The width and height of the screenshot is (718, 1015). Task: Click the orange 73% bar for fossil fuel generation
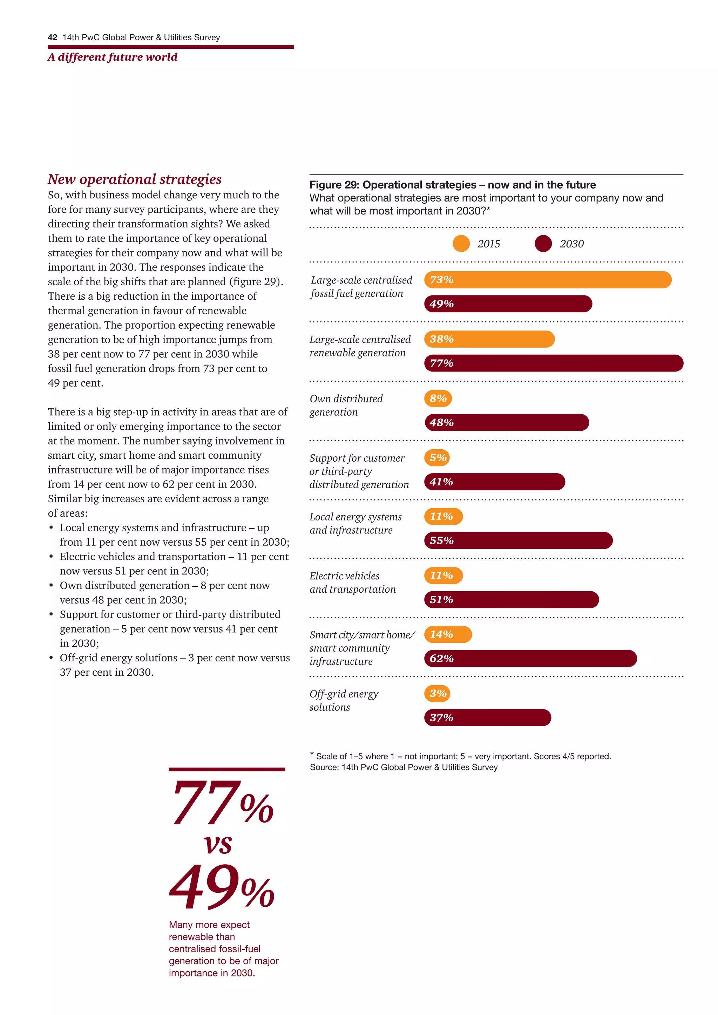click(x=547, y=280)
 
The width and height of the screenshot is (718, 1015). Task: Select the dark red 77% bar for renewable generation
click(x=554, y=363)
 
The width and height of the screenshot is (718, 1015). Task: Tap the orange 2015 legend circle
click(x=461, y=244)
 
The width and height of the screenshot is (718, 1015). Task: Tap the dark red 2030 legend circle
click(x=543, y=244)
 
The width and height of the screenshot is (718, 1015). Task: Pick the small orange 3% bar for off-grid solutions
click(x=437, y=694)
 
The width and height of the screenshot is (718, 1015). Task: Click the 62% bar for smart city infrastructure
click(x=530, y=658)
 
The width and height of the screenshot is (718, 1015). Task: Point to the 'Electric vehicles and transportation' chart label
click(x=352, y=582)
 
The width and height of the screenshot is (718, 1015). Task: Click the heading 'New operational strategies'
click(x=134, y=179)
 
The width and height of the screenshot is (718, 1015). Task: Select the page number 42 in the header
click(x=52, y=38)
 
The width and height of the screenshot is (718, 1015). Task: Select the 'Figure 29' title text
click(x=452, y=185)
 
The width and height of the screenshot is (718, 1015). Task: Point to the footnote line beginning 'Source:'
click(x=403, y=768)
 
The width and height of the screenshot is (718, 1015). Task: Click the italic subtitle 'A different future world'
click(x=112, y=57)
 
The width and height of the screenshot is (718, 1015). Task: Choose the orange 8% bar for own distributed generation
click(x=438, y=398)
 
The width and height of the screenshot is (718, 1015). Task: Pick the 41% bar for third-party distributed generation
click(x=494, y=482)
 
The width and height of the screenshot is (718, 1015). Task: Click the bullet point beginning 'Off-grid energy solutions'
click(x=175, y=665)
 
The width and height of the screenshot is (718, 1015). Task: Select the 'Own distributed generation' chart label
click(x=346, y=406)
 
